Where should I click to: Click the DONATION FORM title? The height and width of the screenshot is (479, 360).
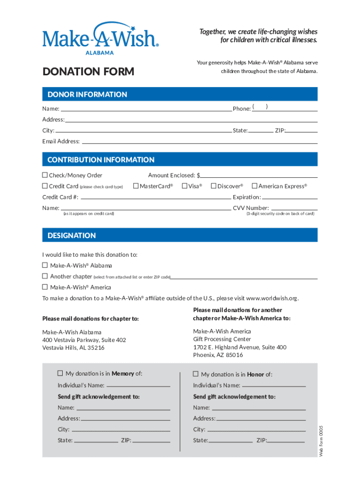point(88,72)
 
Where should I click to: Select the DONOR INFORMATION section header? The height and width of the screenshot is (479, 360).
point(87,94)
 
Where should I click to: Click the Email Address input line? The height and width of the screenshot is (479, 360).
point(200,141)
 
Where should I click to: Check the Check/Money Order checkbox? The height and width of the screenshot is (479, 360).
point(45,175)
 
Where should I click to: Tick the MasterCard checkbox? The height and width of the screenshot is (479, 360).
point(136,186)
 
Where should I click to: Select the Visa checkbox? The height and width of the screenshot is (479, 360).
point(185,186)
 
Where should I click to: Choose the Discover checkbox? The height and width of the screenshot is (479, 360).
point(213,186)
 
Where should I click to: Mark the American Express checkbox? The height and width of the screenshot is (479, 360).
point(255,186)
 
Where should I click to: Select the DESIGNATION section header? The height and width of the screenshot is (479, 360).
point(72,236)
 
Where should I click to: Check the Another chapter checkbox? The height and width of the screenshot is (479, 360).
point(45,276)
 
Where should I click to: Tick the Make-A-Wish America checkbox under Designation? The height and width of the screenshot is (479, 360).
point(45,287)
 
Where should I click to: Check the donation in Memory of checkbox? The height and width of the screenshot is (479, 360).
point(60,373)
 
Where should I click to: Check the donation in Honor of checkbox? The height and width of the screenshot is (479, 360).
point(196,374)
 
